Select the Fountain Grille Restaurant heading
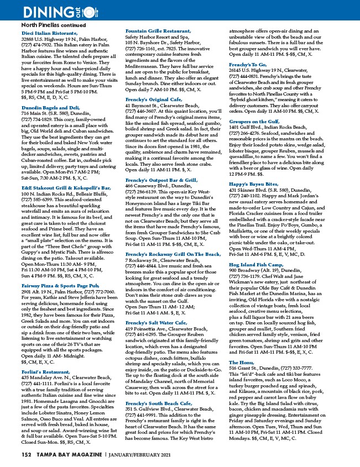pos(160,30)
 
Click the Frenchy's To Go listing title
pos(248,65)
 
